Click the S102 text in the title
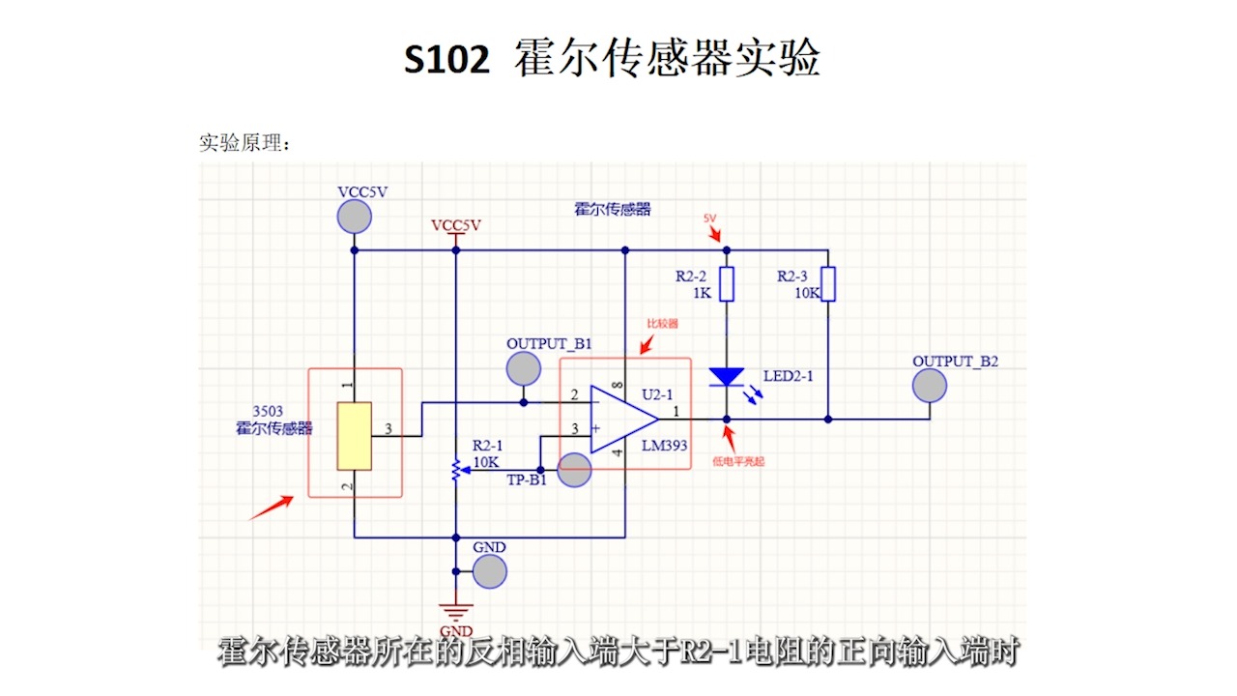pyautogui.click(x=446, y=60)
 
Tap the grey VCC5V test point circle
pyautogui.click(x=355, y=217)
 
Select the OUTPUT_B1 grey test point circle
pyautogui.click(x=524, y=368)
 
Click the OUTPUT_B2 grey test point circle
pyautogui.click(x=930, y=386)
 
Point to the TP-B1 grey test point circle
pyautogui.click(x=575, y=471)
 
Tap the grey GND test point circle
pyautogui.click(x=490, y=571)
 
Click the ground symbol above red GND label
pyautogui.click(x=454, y=610)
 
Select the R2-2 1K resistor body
pyautogui.click(x=727, y=284)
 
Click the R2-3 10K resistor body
pyautogui.click(x=828, y=284)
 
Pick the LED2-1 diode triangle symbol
pyautogui.click(x=727, y=377)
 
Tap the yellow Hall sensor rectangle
pyautogui.click(x=355, y=436)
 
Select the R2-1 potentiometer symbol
pyautogui.click(x=454, y=470)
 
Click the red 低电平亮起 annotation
pyautogui.click(x=738, y=462)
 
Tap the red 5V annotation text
pyautogui.click(x=709, y=219)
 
